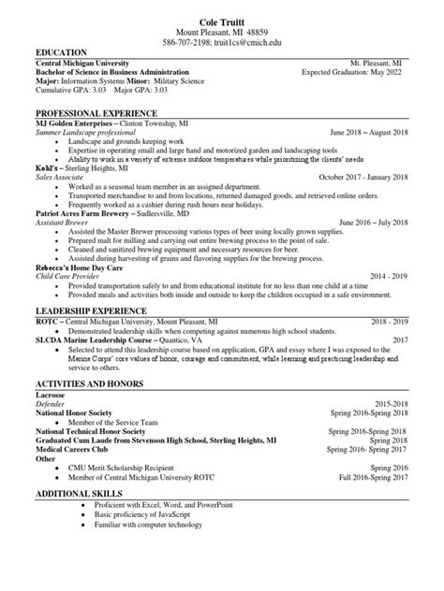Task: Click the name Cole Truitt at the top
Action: coord(221,21)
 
